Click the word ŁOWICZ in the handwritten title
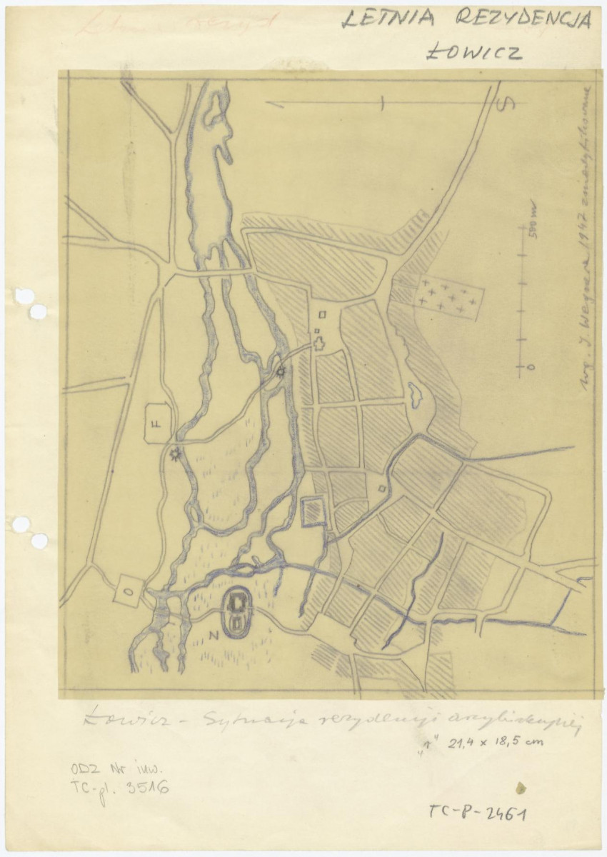coord(473,52)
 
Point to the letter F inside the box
coord(156,424)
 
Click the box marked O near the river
coord(129,590)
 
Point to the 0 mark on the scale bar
coord(530,367)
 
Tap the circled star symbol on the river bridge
coord(281,371)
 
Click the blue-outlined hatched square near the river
coord(313,511)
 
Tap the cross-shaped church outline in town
coord(319,343)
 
